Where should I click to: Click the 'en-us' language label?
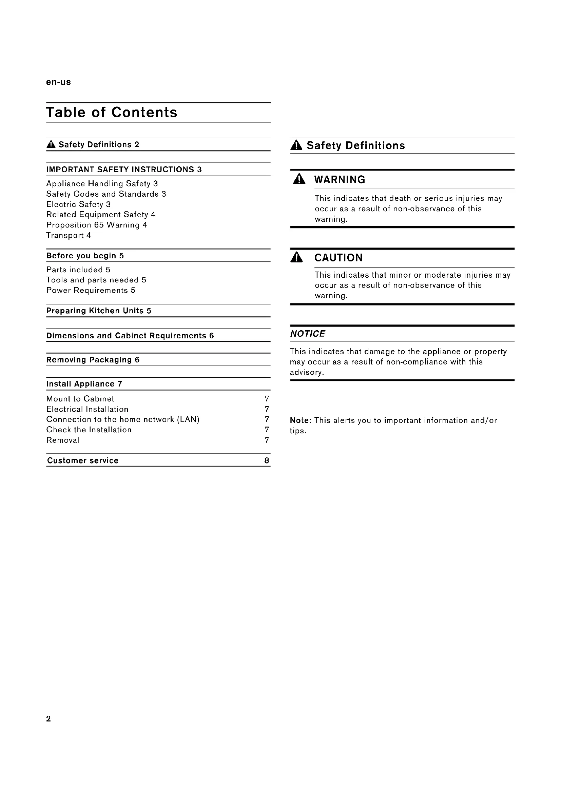(58, 82)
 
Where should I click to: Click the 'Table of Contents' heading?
(112, 113)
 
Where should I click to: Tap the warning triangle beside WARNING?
(299, 180)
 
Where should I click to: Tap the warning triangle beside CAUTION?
(297, 258)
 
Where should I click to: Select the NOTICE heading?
(307, 334)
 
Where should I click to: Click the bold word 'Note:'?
(301, 420)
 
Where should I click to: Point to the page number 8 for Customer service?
(267, 460)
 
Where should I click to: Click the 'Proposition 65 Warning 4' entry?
(97, 225)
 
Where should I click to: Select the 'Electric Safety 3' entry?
(78, 204)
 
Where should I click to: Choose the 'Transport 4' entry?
(69, 235)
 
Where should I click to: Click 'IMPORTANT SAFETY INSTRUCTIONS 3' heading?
(124, 170)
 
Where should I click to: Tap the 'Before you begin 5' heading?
(85, 256)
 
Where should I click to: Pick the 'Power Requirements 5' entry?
(91, 290)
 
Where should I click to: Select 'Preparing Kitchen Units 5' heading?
(99, 311)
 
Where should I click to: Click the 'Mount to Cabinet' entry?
(80, 399)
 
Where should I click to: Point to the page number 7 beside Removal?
(267, 440)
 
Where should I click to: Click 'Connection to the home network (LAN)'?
(123, 419)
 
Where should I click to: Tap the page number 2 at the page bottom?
(49, 719)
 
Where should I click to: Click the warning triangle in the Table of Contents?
(51, 144)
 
